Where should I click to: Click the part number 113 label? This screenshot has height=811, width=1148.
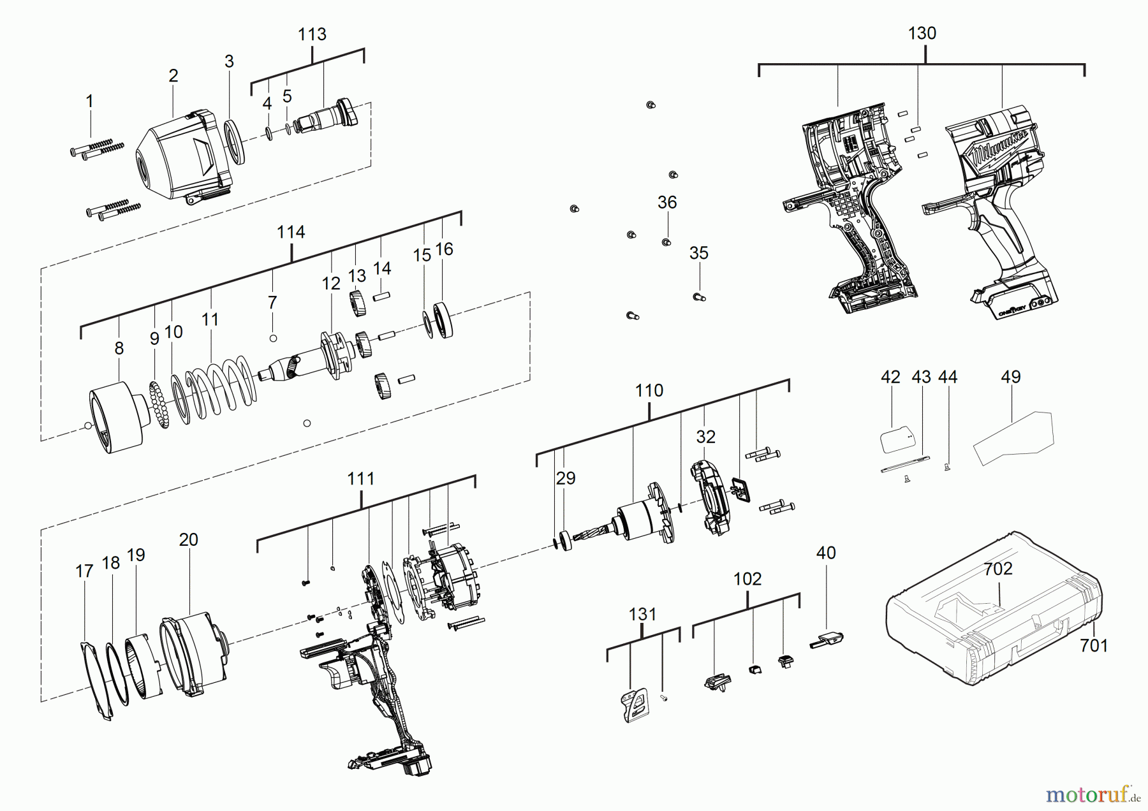(312, 34)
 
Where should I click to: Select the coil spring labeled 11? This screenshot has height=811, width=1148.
(220, 386)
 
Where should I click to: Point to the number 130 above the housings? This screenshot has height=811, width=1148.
(922, 33)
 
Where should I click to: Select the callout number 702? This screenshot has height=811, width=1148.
(997, 568)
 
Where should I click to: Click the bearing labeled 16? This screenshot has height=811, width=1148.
(443, 319)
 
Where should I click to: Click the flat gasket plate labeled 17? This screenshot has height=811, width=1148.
(96, 679)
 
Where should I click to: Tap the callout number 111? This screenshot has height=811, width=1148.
(360, 479)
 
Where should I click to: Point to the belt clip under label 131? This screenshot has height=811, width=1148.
(633, 705)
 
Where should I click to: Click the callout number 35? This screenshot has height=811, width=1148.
(698, 253)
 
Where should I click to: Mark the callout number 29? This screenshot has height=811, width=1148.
(565, 478)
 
